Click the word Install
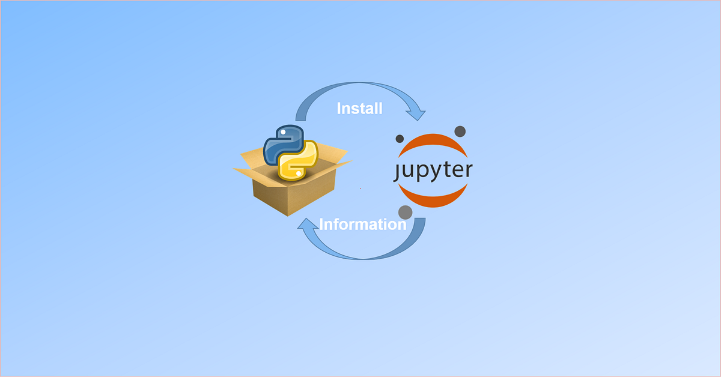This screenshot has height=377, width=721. [359, 109]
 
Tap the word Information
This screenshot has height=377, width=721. [363, 225]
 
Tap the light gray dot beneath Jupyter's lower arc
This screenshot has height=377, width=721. [406, 212]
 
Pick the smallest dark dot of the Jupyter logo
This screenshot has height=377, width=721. [400, 139]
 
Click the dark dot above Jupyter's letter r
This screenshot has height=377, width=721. [460, 131]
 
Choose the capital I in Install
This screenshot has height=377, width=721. [339, 109]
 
